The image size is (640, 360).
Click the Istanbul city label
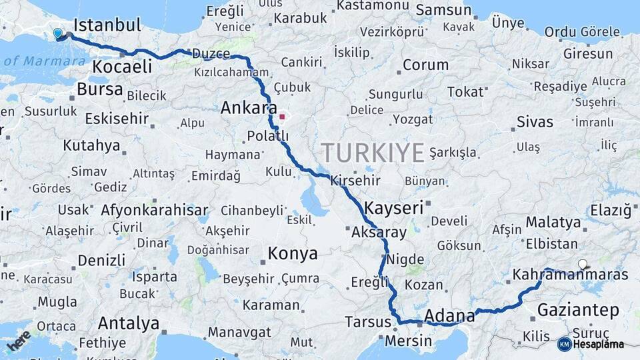coord(107,26)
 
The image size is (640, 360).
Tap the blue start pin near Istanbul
coord(57,33)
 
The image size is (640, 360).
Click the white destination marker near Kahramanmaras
coord(583,264)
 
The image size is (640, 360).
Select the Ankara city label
coord(249,107)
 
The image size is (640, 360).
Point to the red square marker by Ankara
coord(282,117)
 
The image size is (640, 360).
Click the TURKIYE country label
coord(373,153)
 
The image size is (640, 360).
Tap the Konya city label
coord(293,253)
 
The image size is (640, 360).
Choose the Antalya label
coord(129,324)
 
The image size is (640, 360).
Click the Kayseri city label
coord(394,207)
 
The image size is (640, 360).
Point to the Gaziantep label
coord(578,310)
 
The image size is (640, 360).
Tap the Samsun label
coord(443,10)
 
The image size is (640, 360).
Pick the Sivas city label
coord(535,122)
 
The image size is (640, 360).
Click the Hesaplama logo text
coord(598,344)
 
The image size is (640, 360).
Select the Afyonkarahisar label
coord(155,210)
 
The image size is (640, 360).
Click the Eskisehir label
coord(115,118)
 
